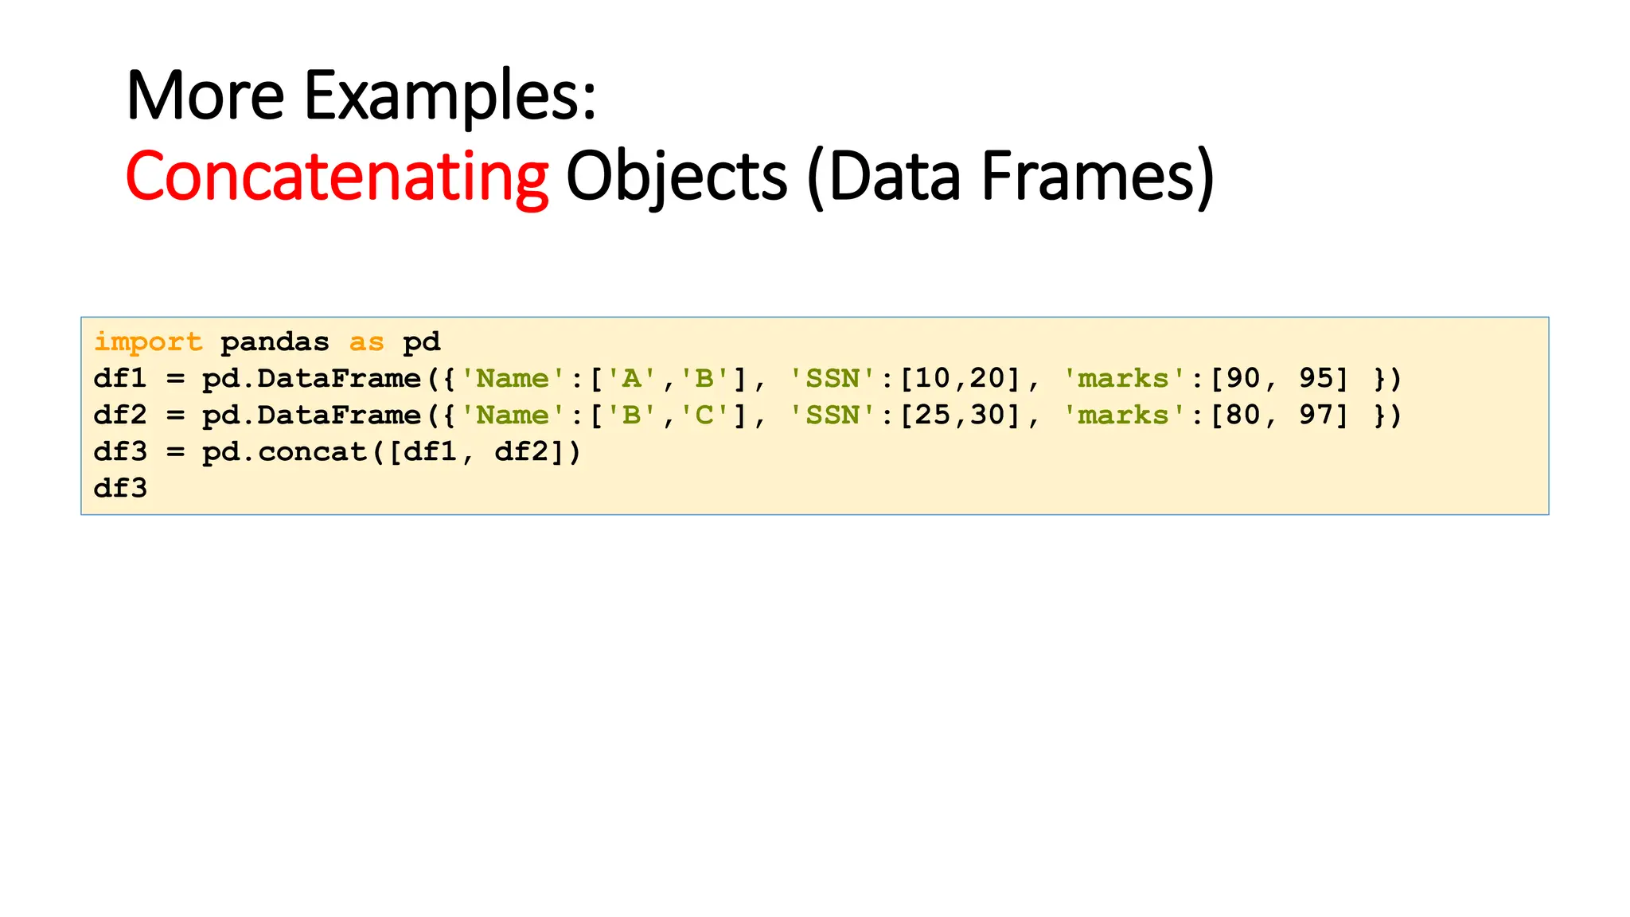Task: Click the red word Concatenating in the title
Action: [x=337, y=176]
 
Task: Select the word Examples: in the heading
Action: [x=450, y=96]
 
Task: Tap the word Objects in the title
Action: [x=676, y=176]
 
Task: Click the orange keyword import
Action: [x=148, y=342]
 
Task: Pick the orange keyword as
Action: [x=366, y=342]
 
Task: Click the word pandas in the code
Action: [x=275, y=342]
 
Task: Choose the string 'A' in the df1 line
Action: [x=632, y=378]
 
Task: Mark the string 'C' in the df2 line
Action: [x=705, y=415]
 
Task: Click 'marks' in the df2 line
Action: [x=1124, y=415]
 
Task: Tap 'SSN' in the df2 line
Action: [x=833, y=415]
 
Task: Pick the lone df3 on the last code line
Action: [x=120, y=488]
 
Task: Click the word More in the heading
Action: [x=205, y=96]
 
